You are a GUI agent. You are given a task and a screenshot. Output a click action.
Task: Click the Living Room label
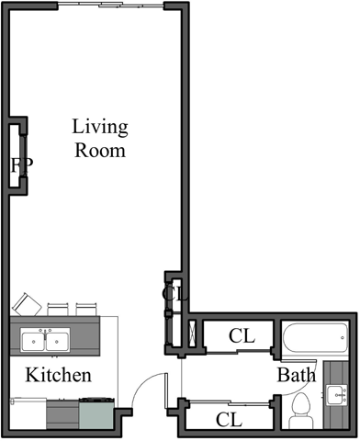click(99, 138)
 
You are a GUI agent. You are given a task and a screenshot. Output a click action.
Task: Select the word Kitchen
click(58, 375)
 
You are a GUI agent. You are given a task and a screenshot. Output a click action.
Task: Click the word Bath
click(297, 375)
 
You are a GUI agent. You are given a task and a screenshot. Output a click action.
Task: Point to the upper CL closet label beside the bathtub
click(242, 336)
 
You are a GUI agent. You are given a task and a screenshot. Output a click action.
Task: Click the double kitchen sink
click(44, 341)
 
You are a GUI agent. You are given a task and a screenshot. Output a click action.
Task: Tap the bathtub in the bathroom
click(313, 339)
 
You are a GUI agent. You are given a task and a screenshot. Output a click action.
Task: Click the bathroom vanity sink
click(337, 395)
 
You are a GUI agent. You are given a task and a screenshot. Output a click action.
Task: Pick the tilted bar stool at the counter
click(25, 304)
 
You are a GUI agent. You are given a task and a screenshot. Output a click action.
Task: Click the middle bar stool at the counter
click(59, 308)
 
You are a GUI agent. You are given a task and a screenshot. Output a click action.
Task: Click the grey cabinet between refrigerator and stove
click(62, 414)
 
